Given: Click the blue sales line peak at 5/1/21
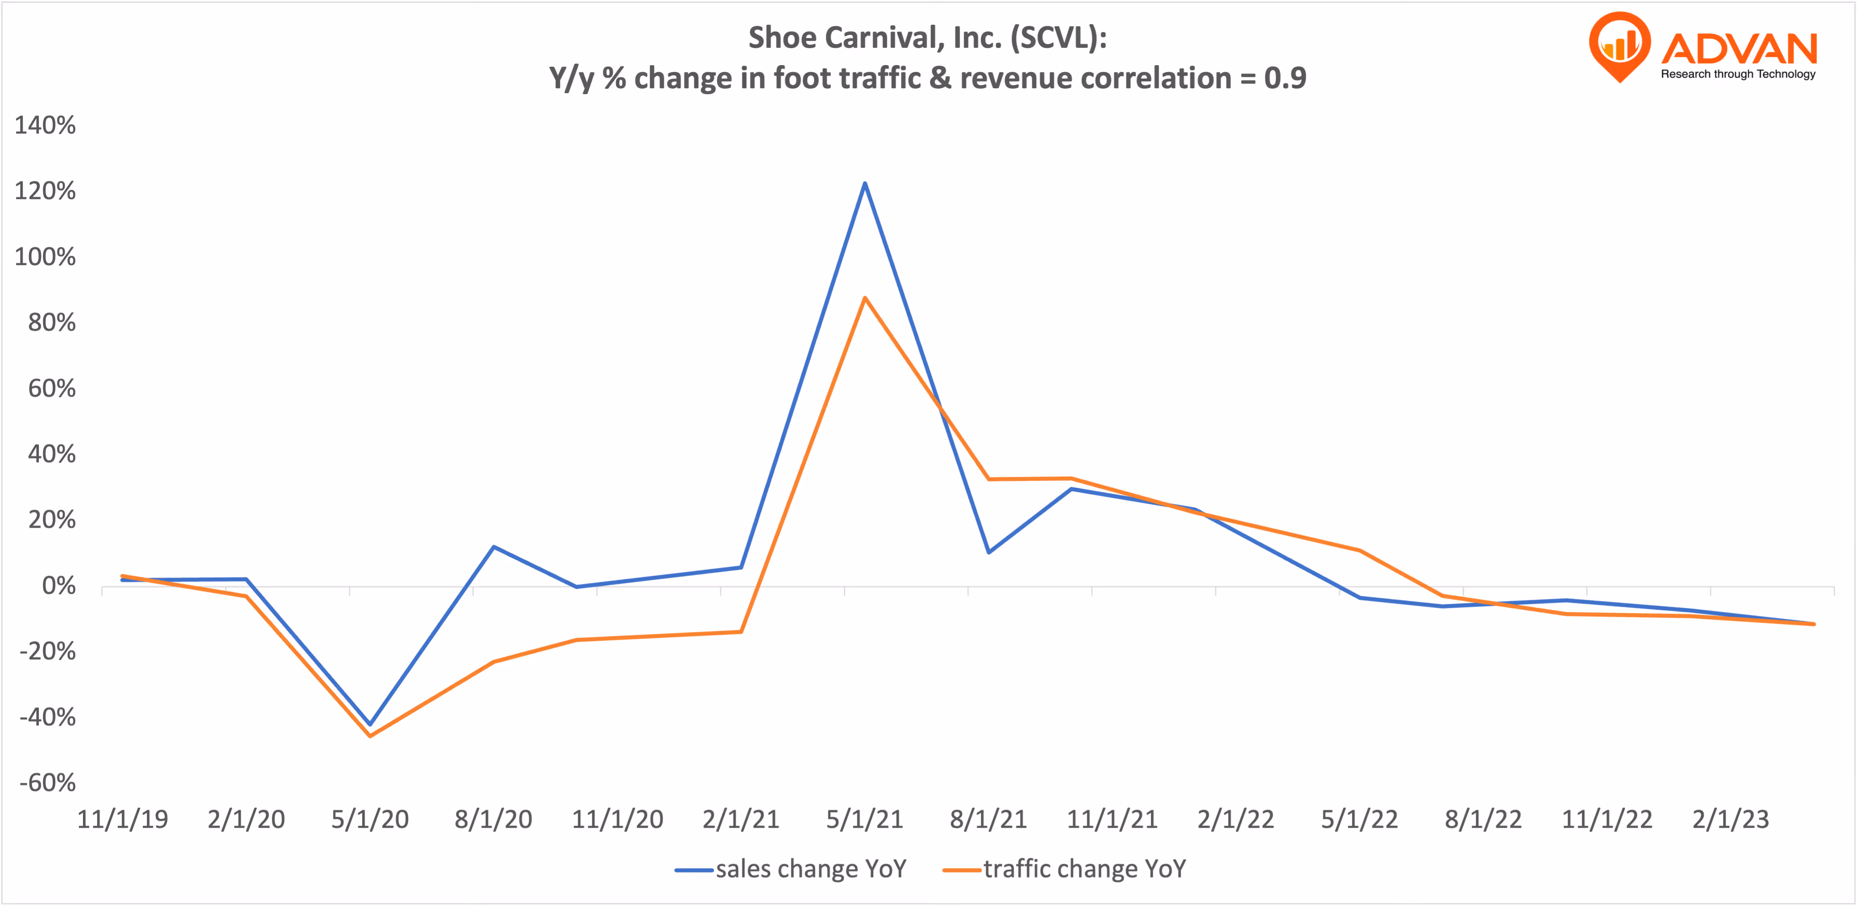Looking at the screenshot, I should (864, 183).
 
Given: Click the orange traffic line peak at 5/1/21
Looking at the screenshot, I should (864, 298).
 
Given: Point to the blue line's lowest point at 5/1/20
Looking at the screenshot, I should (370, 724).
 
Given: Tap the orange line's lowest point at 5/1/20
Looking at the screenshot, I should (370, 736).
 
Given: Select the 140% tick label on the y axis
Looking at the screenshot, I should (45, 125).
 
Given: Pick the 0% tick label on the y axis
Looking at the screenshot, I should (58, 586).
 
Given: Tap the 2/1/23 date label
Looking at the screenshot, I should (1730, 820).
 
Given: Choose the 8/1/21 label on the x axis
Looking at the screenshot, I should (988, 820).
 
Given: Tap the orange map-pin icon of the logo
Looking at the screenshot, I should (1619, 45).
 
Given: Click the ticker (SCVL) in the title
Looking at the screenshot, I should (1058, 38).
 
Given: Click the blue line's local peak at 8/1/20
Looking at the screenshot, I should (493, 547).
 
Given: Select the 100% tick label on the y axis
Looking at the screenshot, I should (45, 257).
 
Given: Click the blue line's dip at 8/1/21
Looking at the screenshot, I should (988, 552).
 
